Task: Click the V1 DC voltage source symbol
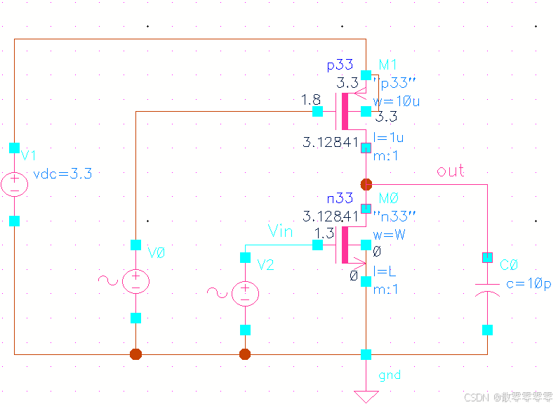coord(14,185)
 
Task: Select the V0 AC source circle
coord(136,281)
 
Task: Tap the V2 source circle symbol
coord(245,293)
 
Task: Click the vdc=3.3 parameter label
coord(63,174)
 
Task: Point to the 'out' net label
coord(451,171)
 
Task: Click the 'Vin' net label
coord(281,231)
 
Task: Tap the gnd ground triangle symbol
coord(366,395)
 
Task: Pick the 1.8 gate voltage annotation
coord(311,101)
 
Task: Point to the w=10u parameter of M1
coord(397,101)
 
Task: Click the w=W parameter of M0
coord(389,234)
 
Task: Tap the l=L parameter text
coord(385,271)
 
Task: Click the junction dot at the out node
coord(366,184)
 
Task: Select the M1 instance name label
coord(387,65)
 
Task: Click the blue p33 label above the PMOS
coord(340,65)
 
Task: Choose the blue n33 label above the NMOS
coord(340,199)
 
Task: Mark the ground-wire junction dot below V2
coord(245,354)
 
